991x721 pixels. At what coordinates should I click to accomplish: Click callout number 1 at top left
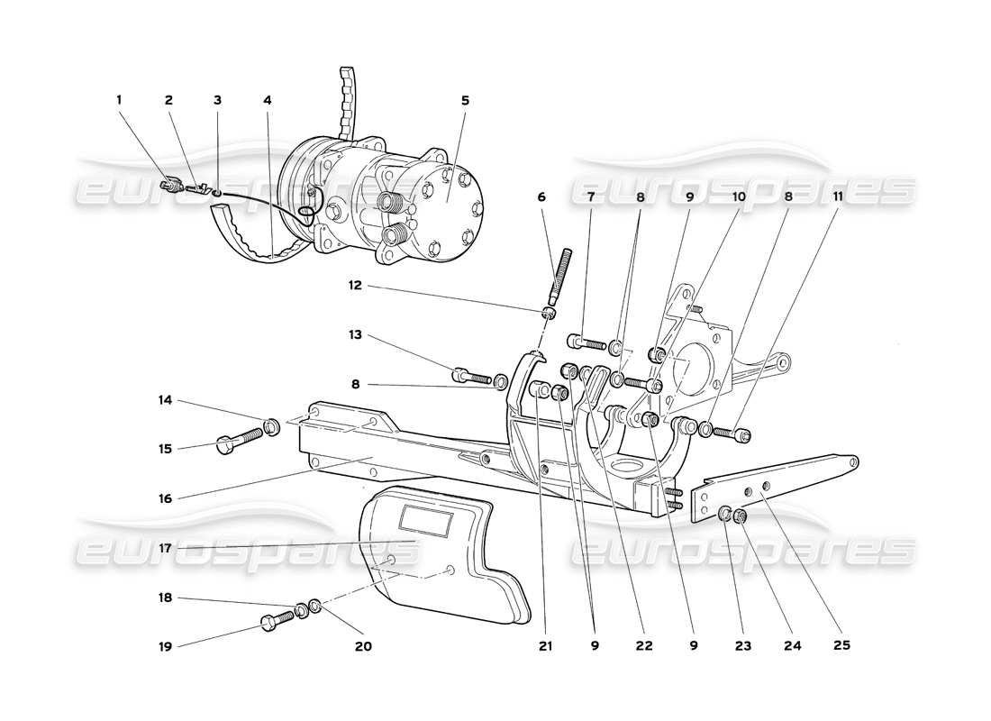point(119,100)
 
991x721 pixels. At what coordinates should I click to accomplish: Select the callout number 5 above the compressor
point(465,100)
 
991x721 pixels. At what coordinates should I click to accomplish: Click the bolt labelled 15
point(237,441)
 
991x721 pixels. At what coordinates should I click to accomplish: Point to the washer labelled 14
point(269,425)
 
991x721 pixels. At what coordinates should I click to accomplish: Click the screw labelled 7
point(587,342)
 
